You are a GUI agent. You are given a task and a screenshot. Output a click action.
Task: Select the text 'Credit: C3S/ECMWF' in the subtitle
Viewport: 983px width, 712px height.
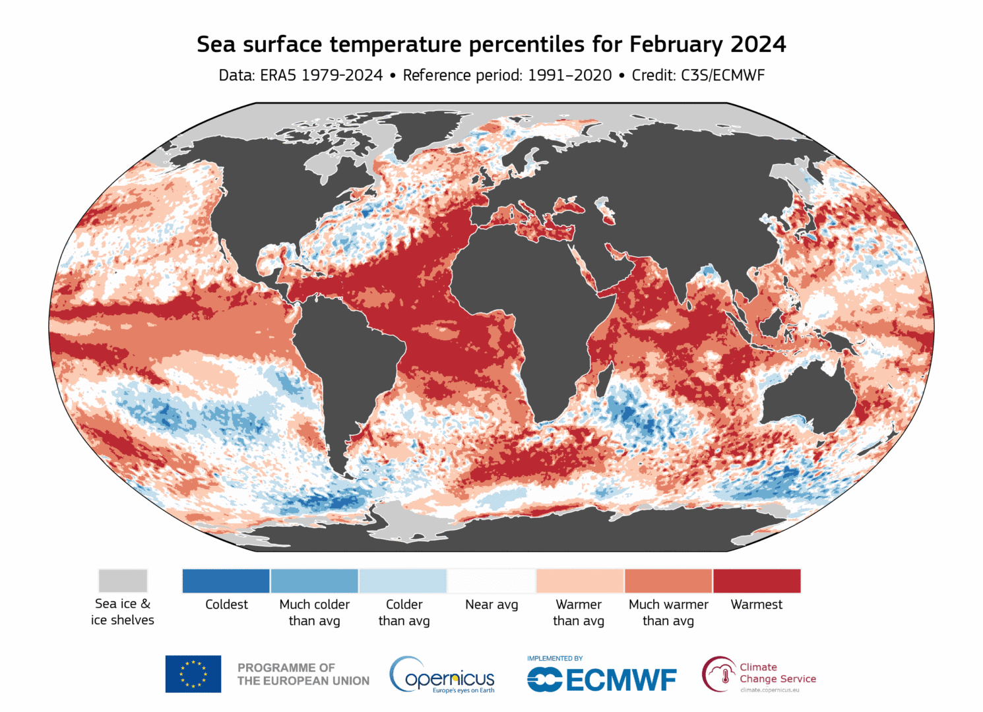click(698, 75)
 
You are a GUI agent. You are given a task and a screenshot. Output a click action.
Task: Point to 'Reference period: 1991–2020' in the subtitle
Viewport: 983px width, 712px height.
click(507, 75)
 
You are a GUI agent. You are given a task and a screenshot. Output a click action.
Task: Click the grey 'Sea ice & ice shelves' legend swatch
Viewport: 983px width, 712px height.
click(123, 580)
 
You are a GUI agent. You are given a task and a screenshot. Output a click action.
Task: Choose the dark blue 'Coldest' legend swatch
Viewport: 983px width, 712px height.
click(226, 580)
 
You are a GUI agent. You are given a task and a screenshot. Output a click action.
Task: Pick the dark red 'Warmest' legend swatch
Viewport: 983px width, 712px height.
click(757, 580)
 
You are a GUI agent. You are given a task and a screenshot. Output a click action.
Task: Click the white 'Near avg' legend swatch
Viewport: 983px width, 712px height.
click(491, 580)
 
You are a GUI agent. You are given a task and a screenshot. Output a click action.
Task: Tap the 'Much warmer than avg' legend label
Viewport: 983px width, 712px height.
click(668, 612)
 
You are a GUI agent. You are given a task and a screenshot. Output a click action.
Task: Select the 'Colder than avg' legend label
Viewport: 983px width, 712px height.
click(404, 612)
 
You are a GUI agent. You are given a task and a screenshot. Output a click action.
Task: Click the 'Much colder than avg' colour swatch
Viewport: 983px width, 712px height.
click(315, 580)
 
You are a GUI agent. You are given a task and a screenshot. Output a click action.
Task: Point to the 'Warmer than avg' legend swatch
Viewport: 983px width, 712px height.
click(580, 580)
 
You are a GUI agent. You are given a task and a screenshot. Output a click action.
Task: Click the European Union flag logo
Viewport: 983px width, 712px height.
click(193, 674)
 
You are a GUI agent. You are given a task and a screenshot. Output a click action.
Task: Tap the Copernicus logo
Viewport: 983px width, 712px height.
click(442, 674)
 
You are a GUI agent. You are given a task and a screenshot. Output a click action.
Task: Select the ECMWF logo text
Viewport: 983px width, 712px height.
click(602, 680)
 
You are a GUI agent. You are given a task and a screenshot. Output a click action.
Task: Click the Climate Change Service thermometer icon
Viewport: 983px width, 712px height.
click(724, 675)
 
